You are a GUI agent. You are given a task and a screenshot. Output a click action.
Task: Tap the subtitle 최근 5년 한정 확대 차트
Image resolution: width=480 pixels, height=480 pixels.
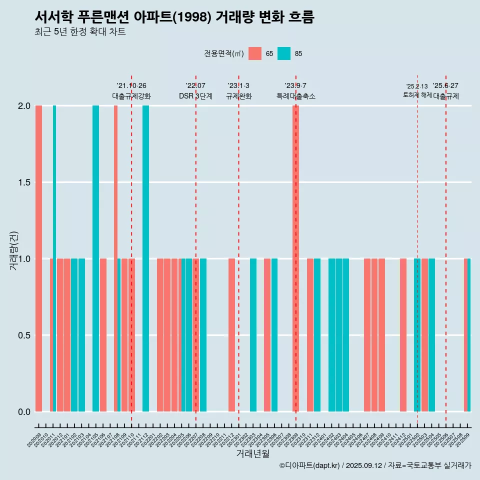(80, 32)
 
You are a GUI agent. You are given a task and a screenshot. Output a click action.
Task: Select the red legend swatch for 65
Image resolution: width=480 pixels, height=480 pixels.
(255, 53)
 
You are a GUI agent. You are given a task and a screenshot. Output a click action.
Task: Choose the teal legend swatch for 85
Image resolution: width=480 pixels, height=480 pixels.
(284, 53)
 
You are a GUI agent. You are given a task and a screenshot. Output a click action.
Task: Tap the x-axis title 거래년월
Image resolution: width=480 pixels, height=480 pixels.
(252, 454)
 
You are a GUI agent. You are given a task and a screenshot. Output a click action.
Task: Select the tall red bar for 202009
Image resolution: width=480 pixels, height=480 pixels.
(38, 258)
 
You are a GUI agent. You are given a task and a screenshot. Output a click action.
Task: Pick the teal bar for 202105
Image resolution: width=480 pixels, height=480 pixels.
(95, 258)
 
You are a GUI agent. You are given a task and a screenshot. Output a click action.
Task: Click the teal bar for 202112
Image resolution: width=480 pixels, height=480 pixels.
(145, 258)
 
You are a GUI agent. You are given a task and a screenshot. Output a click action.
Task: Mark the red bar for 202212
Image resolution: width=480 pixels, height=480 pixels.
(231, 335)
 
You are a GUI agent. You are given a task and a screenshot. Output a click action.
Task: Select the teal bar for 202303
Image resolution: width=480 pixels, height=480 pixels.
(253, 335)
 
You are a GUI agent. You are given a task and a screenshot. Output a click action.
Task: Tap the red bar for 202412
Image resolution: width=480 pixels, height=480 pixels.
(403, 335)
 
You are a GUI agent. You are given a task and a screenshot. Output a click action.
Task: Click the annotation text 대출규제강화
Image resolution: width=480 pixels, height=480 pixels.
(131, 96)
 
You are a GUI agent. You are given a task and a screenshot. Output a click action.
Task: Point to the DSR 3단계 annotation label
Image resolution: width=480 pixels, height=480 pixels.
(195, 96)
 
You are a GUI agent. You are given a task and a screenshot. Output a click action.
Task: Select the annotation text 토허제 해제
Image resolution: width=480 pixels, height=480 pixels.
(417, 95)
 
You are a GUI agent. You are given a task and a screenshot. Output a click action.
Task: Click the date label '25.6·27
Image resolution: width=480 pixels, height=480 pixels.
(445, 85)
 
